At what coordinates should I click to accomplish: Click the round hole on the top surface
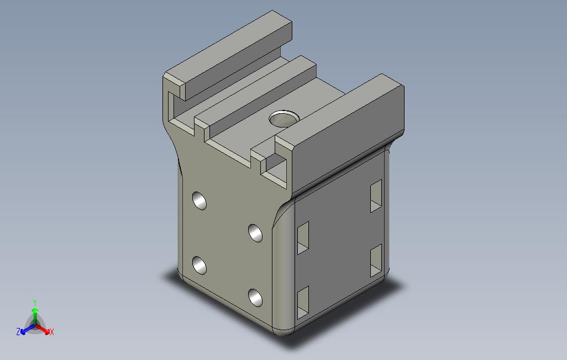(283, 118)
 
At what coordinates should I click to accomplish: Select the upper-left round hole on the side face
(200, 200)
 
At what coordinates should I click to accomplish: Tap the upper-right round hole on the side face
(255, 232)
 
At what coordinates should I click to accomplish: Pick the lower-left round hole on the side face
(200, 266)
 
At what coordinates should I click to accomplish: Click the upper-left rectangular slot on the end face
(303, 238)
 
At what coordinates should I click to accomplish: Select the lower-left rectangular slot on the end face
(303, 304)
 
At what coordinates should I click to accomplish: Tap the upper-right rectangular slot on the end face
(376, 195)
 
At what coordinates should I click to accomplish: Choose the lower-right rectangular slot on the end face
(376, 260)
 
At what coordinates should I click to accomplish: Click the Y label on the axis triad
(34, 303)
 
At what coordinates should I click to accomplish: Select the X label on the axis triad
(51, 332)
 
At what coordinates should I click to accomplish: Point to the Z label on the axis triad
(18, 332)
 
